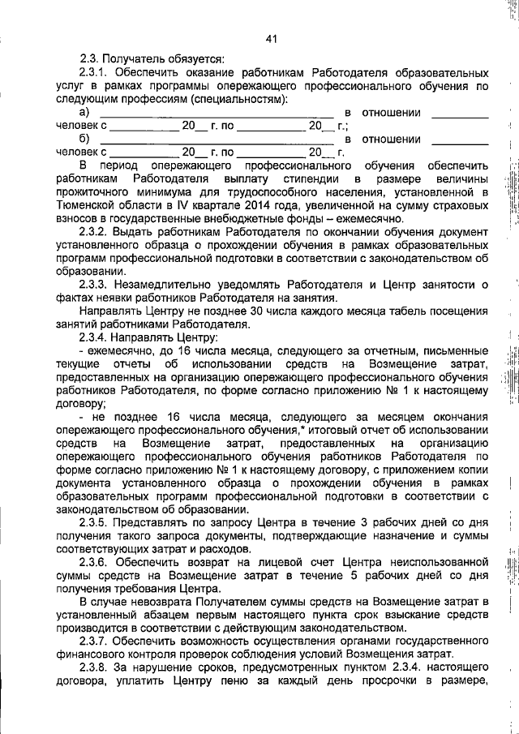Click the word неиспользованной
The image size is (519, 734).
click(440, 562)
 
